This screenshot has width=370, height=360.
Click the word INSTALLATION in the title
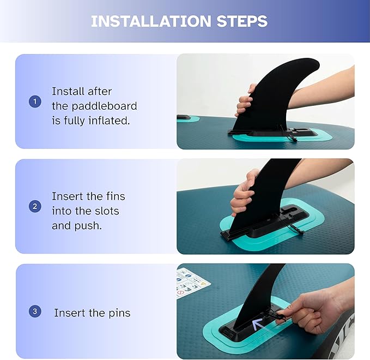pyautogui.click(x=151, y=21)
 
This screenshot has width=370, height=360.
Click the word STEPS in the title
pyautogui.click(x=242, y=21)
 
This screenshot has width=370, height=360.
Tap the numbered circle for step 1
pyautogui.click(x=35, y=101)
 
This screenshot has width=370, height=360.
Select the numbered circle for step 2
pyautogui.click(x=35, y=206)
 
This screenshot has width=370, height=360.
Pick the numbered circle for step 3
pyautogui.click(x=35, y=311)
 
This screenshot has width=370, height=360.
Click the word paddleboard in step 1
pyautogui.click(x=104, y=106)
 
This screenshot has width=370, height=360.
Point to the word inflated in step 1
pyautogui.click(x=109, y=121)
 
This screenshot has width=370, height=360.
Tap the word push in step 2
pyautogui.click(x=88, y=226)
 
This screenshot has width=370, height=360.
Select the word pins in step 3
pyautogui.click(x=119, y=314)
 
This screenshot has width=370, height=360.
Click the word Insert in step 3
pyautogui.click(x=69, y=313)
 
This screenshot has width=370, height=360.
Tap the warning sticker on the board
pyautogui.click(x=192, y=283)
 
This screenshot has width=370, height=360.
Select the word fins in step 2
pyautogui.click(x=116, y=196)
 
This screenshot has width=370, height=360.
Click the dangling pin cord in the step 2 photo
pyautogui.click(x=294, y=227)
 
